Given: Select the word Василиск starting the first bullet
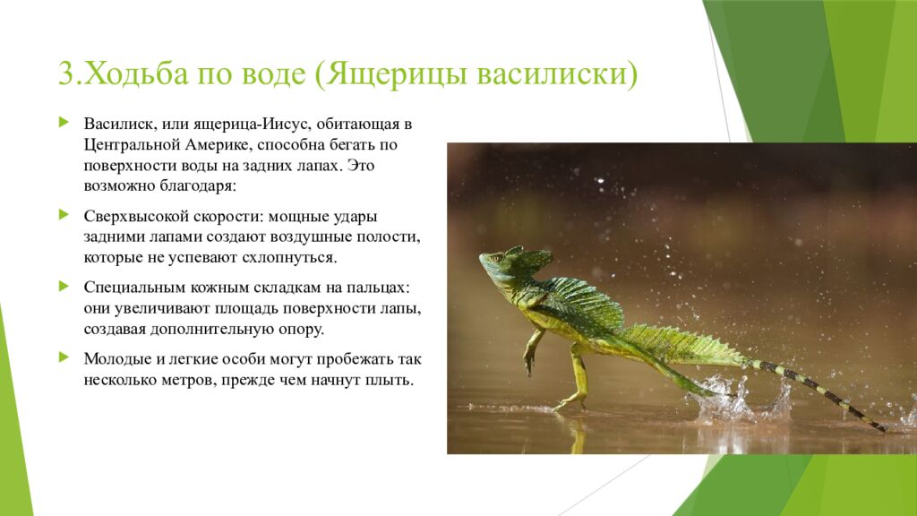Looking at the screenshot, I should pos(116,122).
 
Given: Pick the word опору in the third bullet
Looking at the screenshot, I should pos(300,329).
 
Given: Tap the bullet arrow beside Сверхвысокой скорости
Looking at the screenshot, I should pos(64,215).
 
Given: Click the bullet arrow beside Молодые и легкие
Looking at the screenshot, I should pos(64,357).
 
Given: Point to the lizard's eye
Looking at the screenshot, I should pos(494,259).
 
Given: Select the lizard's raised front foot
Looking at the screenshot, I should pos(530,364).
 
